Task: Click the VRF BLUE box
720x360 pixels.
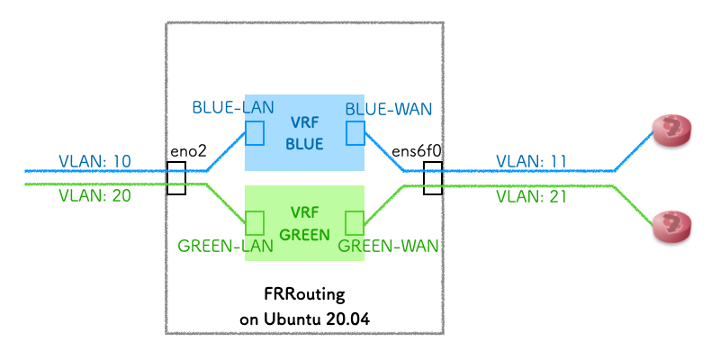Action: tap(304, 132)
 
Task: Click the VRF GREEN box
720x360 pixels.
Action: tap(304, 223)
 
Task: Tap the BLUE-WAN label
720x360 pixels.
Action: tap(388, 109)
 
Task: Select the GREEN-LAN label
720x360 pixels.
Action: tap(215, 244)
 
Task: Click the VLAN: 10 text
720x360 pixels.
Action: tap(94, 161)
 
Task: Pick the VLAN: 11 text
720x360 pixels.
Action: tap(531, 161)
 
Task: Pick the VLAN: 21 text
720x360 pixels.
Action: tap(531, 195)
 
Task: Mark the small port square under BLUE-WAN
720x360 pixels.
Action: tap(355, 133)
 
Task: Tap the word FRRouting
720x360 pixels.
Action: tap(304, 295)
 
